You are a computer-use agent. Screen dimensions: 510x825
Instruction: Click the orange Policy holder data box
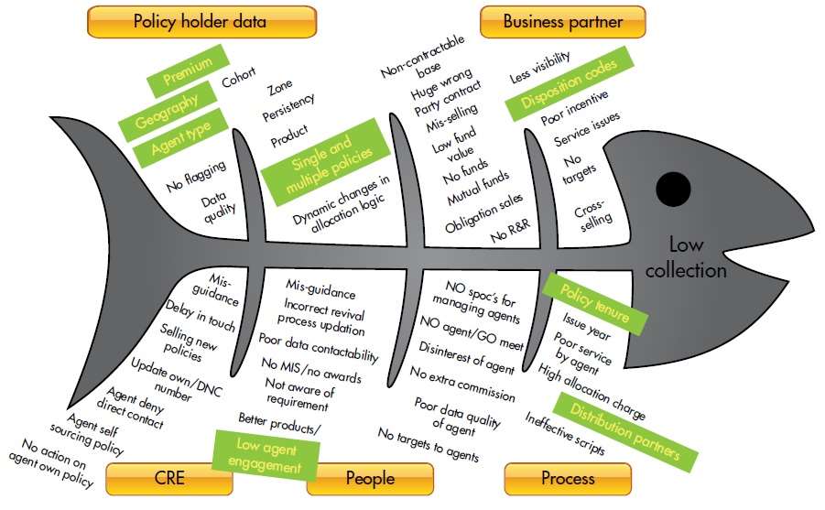[x=201, y=21]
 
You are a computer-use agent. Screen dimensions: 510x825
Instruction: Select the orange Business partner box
[x=562, y=21]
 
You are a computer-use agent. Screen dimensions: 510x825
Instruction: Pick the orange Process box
[x=568, y=479]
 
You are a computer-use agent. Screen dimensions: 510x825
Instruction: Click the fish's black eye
[x=674, y=190]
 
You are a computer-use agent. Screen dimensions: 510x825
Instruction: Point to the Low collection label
[x=697, y=257]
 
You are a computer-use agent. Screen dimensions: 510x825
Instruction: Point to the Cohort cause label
[x=238, y=81]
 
